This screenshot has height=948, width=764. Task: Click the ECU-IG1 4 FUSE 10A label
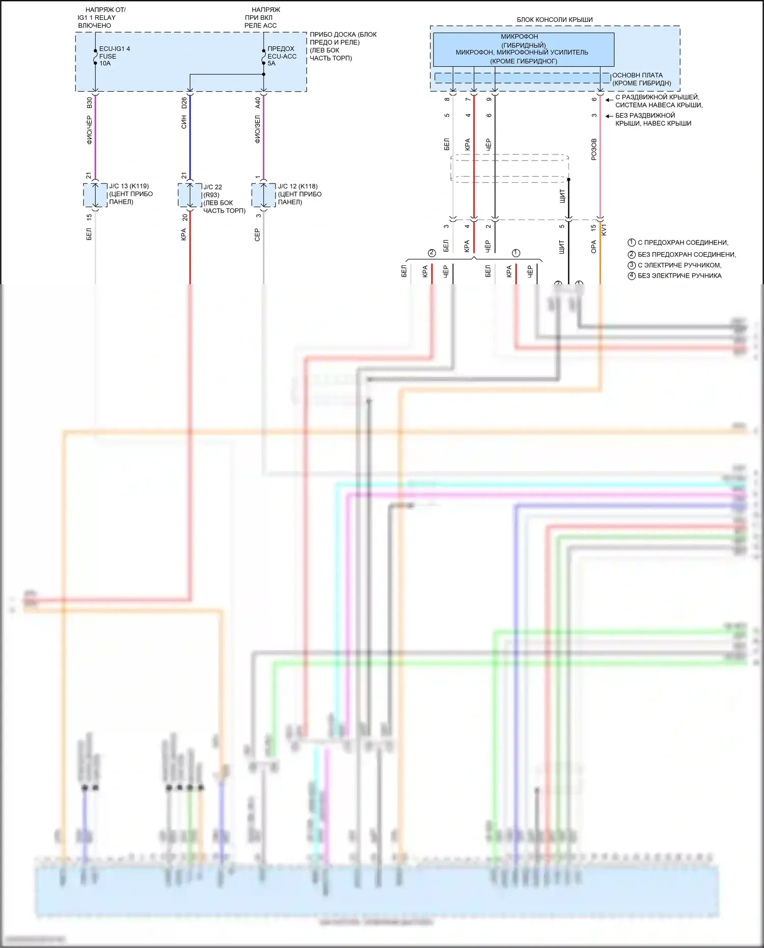click(x=114, y=56)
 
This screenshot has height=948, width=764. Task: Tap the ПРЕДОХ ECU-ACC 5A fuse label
click(x=281, y=56)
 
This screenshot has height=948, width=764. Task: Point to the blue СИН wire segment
click(x=190, y=138)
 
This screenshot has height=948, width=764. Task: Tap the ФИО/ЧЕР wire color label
click(x=90, y=130)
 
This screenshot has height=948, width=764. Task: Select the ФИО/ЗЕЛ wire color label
click(x=258, y=129)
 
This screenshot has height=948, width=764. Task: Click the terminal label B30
click(x=90, y=102)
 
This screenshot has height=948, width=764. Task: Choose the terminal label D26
click(x=184, y=103)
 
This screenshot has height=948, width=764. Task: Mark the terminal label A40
click(x=258, y=103)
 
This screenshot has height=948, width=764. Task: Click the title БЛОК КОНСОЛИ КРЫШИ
click(x=555, y=20)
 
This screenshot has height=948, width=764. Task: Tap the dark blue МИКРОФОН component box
click(x=523, y=49)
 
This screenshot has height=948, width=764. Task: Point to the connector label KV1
click(x=605, y=230)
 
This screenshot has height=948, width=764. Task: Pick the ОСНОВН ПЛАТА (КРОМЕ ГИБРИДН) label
click(x=641, y=79)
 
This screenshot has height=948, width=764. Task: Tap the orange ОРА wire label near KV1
click(x=594, y=247)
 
